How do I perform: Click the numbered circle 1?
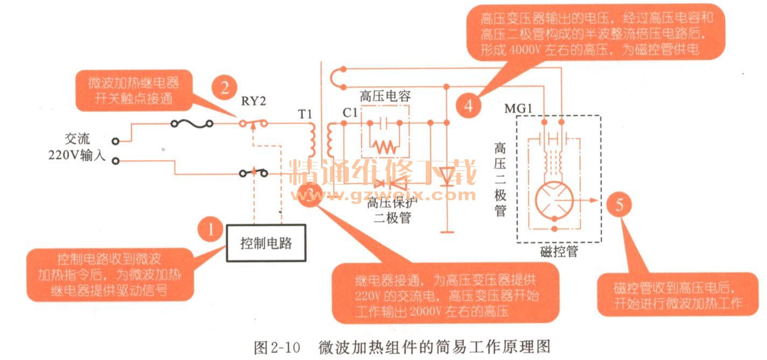tap(211, 231)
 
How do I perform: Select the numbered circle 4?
tap(469, 106)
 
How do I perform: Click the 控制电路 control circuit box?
tap(265, 243)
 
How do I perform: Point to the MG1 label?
tap(518, 109)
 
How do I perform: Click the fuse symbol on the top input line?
tap(189, 124)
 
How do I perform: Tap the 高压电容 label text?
tap(385, 97)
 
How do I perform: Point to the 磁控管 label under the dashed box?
tap(559, 251)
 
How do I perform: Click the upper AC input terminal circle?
tap(115, 142)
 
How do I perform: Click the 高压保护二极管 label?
tap(389, 210)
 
